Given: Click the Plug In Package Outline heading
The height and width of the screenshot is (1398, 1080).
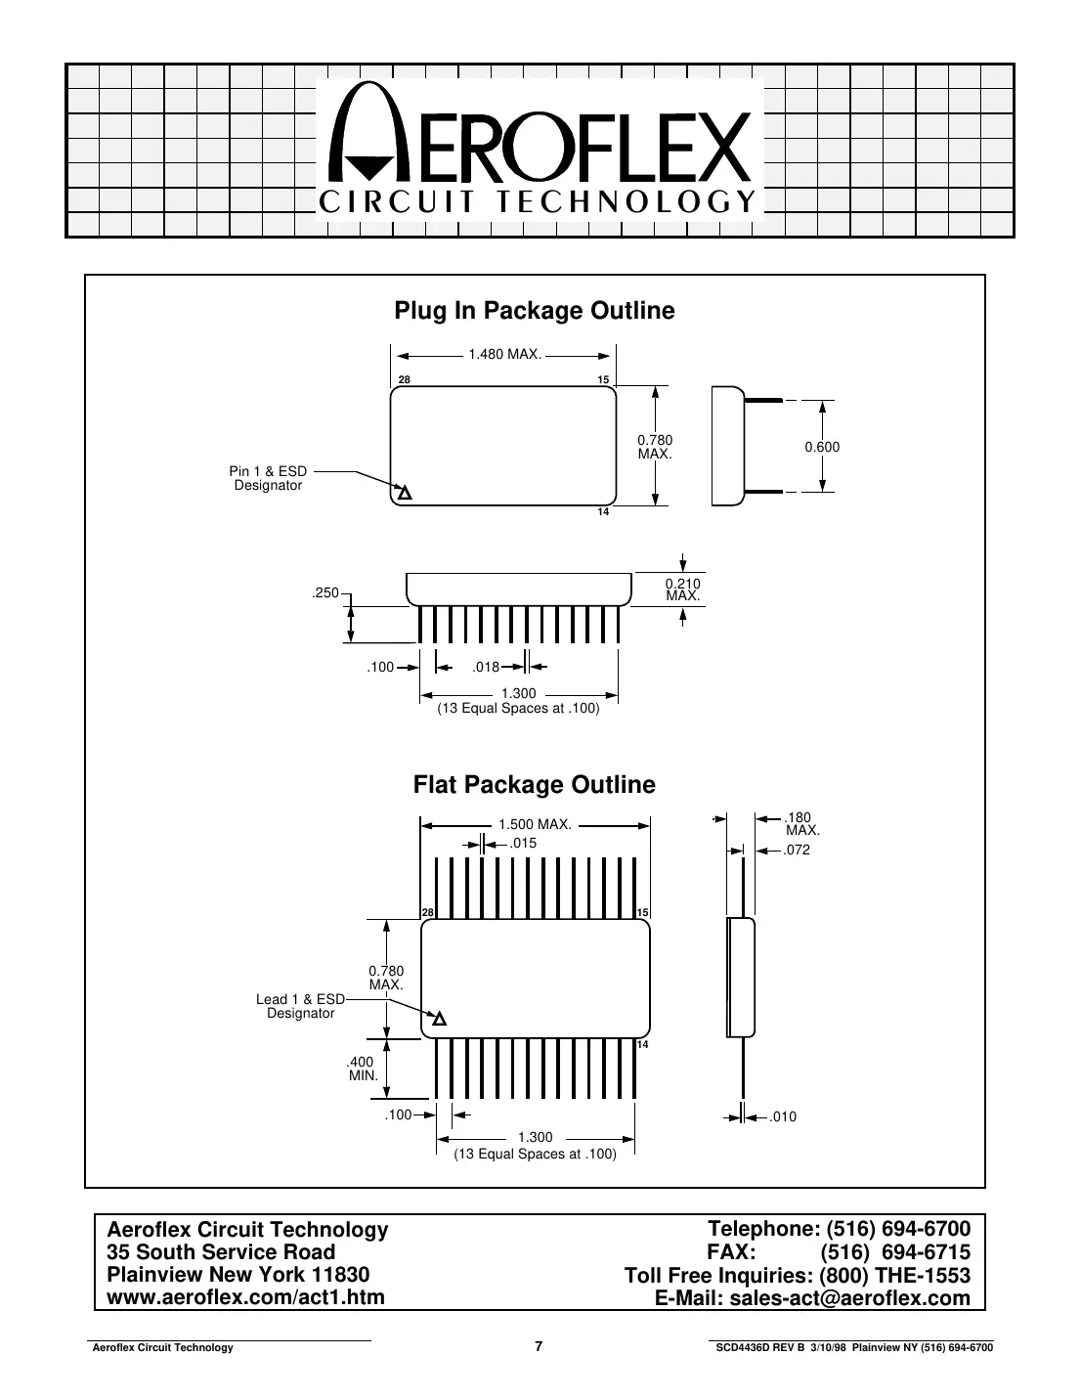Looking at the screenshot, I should tap(534, 311).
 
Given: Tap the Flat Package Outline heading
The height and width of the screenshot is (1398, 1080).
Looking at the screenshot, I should tap(534, 785).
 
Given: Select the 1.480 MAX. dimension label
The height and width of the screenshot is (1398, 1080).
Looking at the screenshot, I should tap(504, 354).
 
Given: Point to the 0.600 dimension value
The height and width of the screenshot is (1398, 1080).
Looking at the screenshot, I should tap(822, 447).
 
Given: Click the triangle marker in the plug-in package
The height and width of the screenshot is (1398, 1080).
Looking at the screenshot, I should tap(403, 492).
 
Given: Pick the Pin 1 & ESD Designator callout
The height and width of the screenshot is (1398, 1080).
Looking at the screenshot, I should tap(269, 479).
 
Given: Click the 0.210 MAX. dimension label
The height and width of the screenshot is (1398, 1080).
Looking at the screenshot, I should tap(682, 590).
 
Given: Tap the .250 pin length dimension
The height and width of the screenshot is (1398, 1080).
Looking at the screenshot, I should tap(325, 593).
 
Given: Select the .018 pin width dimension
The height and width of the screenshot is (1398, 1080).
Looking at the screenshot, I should tap(486, 668).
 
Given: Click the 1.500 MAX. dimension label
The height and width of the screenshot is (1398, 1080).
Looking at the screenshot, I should tap(535, 825).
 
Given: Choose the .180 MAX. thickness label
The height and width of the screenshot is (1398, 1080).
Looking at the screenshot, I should tap(801, 823).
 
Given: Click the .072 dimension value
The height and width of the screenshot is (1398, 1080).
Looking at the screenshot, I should tap(797, 851).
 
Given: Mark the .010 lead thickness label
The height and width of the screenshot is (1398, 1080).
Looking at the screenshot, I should tap(783, 1116).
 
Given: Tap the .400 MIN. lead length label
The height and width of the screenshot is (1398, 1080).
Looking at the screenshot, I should tap(363, 1069).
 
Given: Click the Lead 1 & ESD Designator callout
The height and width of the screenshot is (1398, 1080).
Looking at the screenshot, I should tap(301, 1006).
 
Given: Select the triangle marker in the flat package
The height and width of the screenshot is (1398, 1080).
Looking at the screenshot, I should tap(439, 1020).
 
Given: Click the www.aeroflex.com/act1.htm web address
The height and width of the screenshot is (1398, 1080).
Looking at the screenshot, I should tap(245, 1297).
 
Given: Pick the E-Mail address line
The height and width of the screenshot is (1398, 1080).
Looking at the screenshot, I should tap(811, 1298).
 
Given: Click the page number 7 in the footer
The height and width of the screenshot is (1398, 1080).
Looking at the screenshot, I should tap(539, 1346).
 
